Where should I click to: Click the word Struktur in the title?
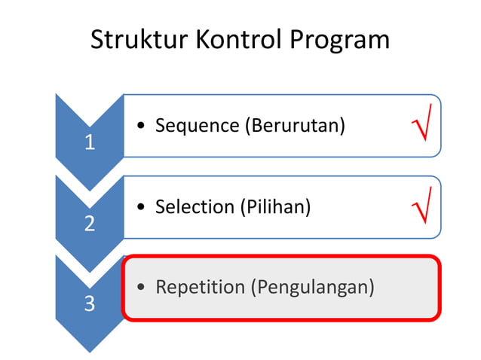tap(139, 40)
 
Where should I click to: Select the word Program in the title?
tap(342, 40)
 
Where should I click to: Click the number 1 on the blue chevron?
tap(90, 142)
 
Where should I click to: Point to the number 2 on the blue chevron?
tap(90, 224)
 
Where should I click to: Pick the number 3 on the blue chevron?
tap(90, 305)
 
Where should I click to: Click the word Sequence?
tap(196, 126)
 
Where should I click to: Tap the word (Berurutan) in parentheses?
tap(294, 126)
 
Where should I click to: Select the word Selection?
tap(195, 206)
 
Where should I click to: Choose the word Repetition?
tap(200, 287)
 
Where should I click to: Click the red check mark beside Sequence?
tap(421, 124)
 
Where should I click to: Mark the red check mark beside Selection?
tap(421, 206)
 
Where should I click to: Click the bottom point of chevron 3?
tap(90, 350)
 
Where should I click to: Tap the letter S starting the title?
tap(97, 40)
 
